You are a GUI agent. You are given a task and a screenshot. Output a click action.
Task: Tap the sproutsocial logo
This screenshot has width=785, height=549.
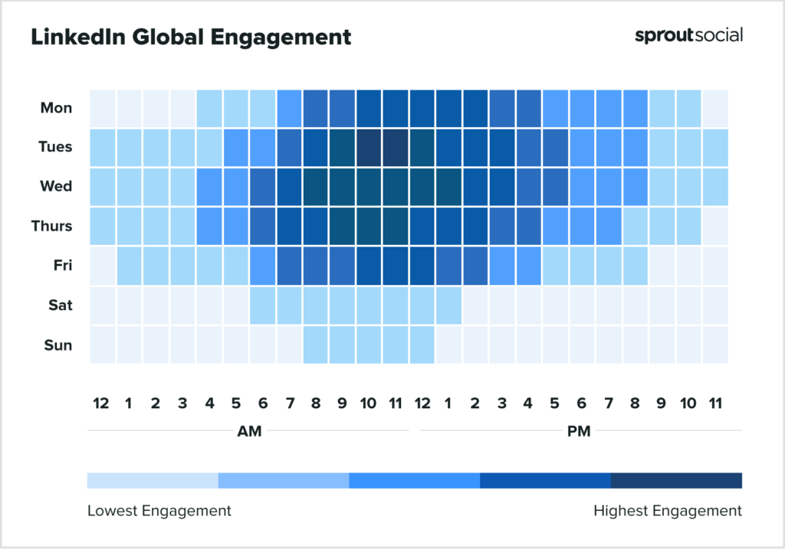tap(688, 35)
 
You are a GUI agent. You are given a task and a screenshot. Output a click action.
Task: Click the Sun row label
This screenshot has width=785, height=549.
tap(58, 345)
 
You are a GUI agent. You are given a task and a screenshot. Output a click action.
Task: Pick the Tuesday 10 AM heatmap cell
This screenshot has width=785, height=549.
tap(369, 147)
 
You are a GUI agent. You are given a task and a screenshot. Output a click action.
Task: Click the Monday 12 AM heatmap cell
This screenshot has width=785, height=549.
tap(102, 107)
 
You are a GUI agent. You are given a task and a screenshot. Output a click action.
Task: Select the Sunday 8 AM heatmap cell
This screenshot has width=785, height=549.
tap(316, 345)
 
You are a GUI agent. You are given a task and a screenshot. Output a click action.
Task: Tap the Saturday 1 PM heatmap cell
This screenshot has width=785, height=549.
tap(448, 306)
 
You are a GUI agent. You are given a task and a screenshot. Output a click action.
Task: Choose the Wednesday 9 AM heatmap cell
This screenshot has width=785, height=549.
tap(342, 187)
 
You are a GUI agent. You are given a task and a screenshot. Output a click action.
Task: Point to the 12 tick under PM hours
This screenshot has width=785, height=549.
tap(422, 404)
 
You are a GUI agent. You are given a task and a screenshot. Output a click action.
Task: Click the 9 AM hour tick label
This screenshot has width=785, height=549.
tap(342, 404)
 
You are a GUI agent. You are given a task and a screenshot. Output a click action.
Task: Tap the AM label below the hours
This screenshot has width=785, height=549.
tap(249, 431)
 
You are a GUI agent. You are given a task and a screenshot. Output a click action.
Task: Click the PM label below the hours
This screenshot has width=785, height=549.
tap(579, 431)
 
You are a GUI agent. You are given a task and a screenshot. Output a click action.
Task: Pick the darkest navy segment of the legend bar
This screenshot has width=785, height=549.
tap(676, 480)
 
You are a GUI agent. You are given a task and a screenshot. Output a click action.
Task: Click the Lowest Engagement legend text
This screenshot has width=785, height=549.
tap(159, 511)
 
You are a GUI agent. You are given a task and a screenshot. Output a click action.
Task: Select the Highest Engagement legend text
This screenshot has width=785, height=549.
tap(668, 511)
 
